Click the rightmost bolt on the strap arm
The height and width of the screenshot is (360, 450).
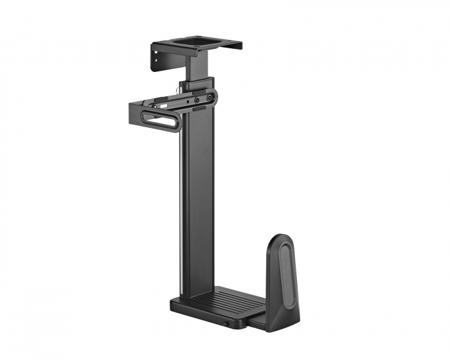tap(210, 98)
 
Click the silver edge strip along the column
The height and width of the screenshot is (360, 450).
tap(182, 206)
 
